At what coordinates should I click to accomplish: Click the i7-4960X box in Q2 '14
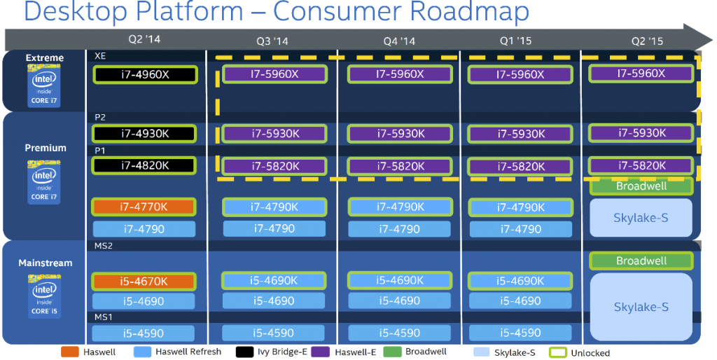[x=145, y=74]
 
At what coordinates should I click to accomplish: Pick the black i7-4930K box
[x=145, y=133]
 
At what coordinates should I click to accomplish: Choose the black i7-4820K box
[x=145, y=166]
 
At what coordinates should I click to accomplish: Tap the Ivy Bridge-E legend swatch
[x=244, y=352]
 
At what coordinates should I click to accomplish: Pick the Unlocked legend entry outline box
[x=558, y=352]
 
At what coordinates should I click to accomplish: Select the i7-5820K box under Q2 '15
[x=641, y=165]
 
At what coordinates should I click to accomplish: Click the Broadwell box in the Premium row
[x=641, y=186]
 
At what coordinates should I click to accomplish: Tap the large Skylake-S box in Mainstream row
[x=641, y=307]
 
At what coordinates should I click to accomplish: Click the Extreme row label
[x=45, y=58]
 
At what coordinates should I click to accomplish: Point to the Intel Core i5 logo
[x=44, y=293]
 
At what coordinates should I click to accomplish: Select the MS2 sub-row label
[x=104, y=247]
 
